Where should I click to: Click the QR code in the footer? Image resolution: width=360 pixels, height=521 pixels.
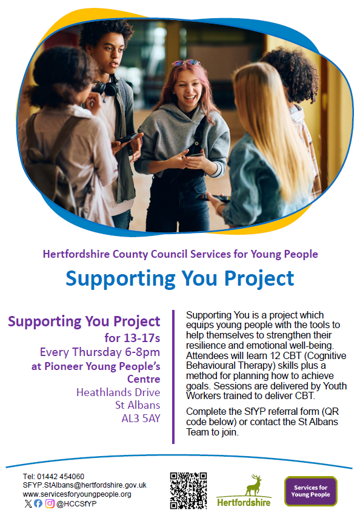click(188, 491)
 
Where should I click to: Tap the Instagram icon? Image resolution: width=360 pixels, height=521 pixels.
click(50, 504)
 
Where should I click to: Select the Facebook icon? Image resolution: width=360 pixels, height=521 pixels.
click(38, 504)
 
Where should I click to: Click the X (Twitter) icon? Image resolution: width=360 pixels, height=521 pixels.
click(28, 504)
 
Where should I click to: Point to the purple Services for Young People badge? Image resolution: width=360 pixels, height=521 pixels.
click(311, 491)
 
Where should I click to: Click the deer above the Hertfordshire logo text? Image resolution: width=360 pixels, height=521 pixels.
click(253, 485)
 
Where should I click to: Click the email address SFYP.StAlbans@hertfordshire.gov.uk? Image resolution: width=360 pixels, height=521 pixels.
click(85, 485)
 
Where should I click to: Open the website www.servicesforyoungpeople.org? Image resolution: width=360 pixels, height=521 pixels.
click(77, 494)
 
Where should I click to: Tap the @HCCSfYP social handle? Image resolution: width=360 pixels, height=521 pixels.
click(76, 504)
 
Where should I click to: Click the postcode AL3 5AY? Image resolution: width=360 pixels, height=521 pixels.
click(141, 418)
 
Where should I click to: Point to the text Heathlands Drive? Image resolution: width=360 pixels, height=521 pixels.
click(118, 392)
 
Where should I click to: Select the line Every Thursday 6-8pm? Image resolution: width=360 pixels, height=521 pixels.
click(100, 352)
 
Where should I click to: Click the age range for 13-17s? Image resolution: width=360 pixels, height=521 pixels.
click(132, 338)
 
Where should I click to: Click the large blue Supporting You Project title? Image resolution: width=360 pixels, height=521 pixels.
click(180, 279)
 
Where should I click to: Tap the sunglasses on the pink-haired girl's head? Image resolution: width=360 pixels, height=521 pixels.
click(187, 62)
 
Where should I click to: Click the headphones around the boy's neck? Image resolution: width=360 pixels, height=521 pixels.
click(106, 87)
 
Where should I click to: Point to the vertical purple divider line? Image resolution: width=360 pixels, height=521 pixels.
click(173, 377)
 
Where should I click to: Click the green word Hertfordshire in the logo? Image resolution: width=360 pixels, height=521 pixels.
click(244, 502)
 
